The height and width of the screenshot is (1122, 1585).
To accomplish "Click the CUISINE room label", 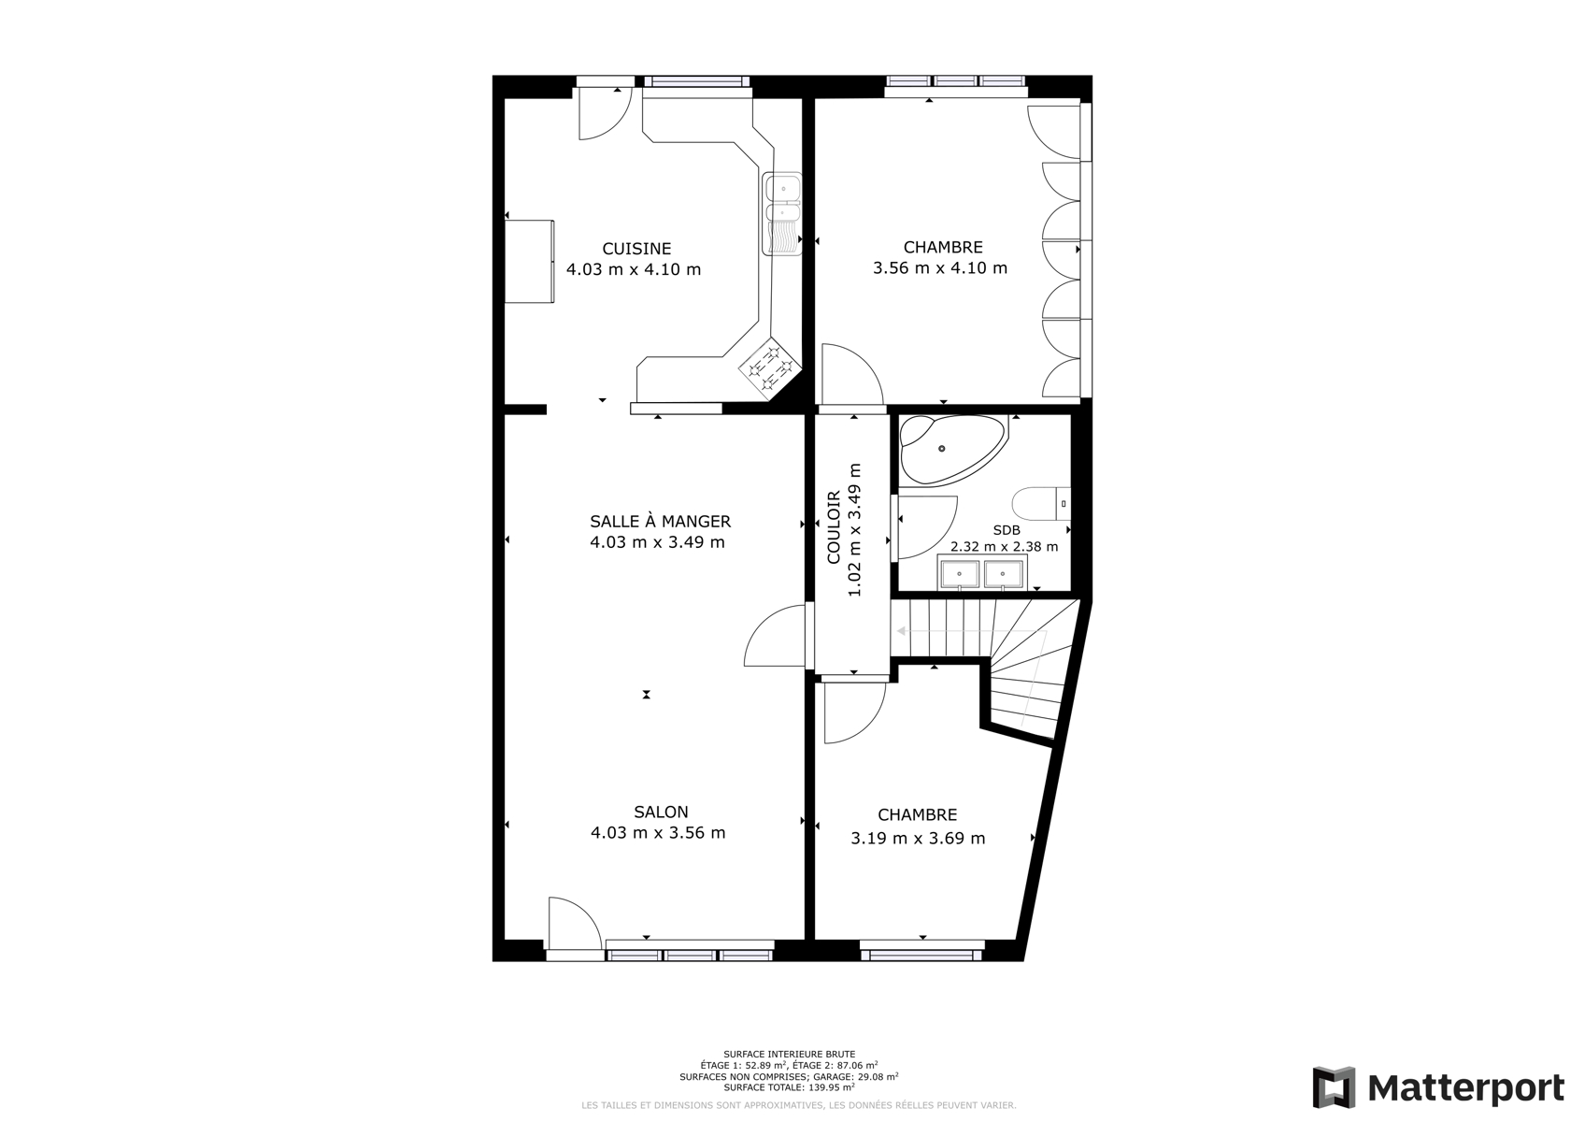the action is tap(636, 249).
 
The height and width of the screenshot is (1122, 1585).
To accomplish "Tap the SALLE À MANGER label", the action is tap(660, 521).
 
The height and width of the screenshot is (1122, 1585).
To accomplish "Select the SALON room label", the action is tap(661, 812).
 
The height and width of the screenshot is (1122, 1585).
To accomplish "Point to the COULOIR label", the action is tap(834, 526).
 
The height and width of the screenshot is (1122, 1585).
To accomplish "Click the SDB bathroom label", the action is tap(1007, 530).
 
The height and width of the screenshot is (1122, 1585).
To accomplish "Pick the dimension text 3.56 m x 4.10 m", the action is tap(939, 268).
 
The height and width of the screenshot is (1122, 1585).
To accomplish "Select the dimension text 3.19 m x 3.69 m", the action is tap(918, 839).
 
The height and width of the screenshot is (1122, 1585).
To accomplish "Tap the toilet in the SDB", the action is tap(1041, 504).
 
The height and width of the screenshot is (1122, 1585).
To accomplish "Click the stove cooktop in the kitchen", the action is tap(770, 368).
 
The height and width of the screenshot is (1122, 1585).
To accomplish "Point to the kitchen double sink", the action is tap(782, 213).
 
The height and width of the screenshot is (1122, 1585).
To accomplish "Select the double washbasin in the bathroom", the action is tap(982, 572).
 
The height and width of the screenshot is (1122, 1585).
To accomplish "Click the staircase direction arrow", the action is tap(971, 631).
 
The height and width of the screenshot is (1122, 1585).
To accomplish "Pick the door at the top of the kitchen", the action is tap(606, 114).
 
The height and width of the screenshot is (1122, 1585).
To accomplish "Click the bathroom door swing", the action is tap(928, 527).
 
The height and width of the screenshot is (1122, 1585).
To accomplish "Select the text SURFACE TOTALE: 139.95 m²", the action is tap(789, 1087).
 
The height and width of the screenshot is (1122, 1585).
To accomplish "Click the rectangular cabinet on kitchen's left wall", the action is tap(529, 261).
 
